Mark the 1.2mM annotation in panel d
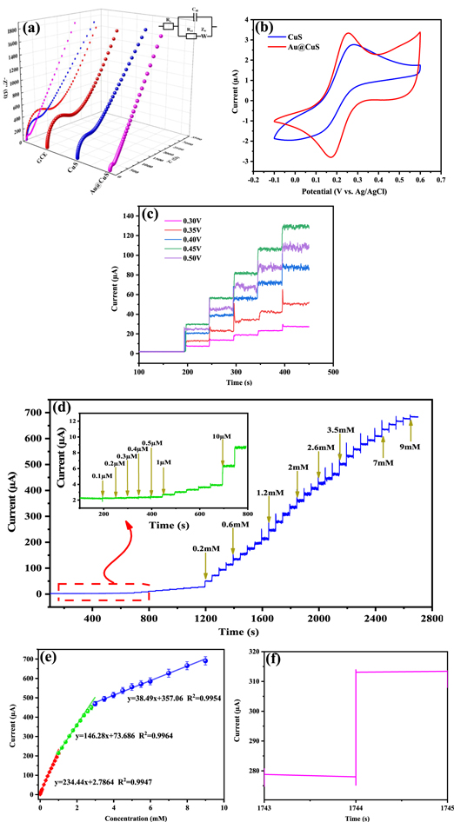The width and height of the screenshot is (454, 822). pyautogui.click(x=269, y=493)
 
